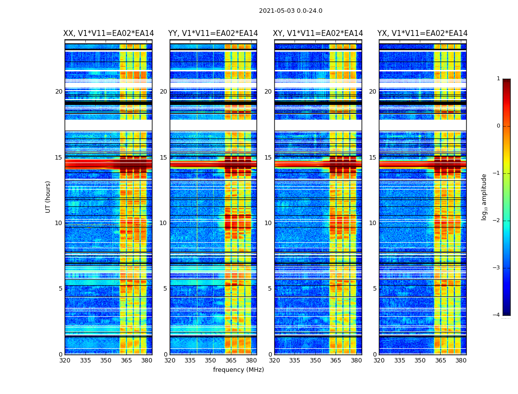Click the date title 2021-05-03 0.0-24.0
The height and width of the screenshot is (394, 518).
(x=291, y=11)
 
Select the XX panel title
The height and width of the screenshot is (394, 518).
(x=109, y=33)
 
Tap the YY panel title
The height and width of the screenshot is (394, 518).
(x=213, y=33)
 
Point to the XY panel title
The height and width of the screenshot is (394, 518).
(x=318, y=33)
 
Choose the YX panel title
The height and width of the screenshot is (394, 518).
(x=422, y=33)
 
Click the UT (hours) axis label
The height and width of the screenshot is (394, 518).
(x=48, y=197)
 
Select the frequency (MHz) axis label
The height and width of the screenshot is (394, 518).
(x=238, y=370)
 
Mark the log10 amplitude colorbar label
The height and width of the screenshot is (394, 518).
(x=484, y=197)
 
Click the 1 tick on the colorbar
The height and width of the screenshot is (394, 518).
(x=498, y=79)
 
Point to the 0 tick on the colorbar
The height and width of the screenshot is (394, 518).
(x=498, y=126)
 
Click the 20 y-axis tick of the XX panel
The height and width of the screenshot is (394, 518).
(x=59, y=92)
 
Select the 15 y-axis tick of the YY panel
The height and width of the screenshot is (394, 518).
(x=163, y=158)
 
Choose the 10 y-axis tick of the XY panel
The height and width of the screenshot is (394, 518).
(x=268, y=223)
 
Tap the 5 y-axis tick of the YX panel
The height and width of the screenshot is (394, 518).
(x=374, y=289)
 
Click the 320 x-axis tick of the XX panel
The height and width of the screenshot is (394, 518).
(x=65, y=361)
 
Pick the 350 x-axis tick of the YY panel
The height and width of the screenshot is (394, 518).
(x=211, y=361)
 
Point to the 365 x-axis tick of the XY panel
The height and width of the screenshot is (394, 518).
(x=335, y=361)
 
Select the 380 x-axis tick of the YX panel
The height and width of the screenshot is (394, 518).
(x=461, y=361)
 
